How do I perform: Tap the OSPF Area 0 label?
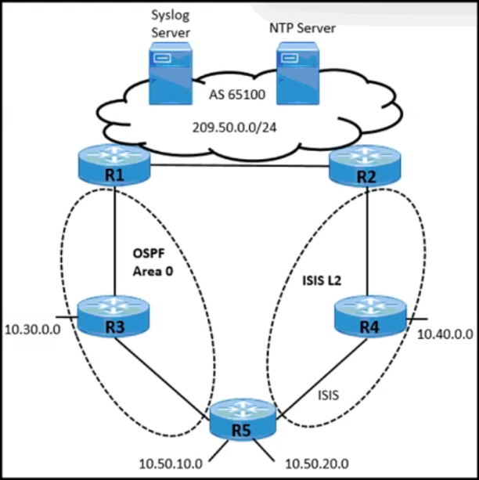point(149,263)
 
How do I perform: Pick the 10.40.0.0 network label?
point(445,334)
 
